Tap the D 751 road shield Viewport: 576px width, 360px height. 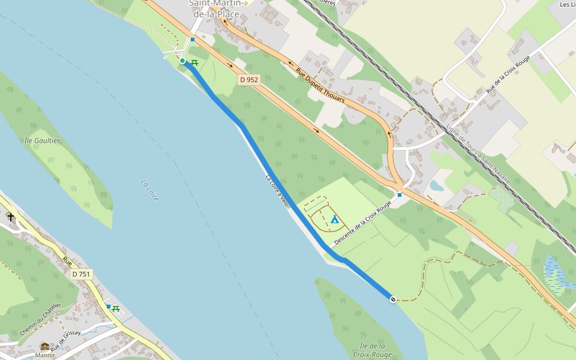click(80, 274)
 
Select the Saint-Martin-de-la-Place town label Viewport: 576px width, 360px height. click(214, 9)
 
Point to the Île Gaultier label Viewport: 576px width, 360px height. click(43, 140)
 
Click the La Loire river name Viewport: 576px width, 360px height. click(149, 190)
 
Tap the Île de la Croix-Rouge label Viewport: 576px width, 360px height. click(372, 350)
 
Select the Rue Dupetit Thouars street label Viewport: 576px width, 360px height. click(320, 85)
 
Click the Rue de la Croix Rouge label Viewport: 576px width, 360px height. click(508, 74)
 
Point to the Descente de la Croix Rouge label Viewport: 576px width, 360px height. click(362, 223)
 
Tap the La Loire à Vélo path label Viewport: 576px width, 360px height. click(277, 191)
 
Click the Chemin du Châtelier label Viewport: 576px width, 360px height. click(40, 319)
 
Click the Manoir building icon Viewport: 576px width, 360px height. click(45, 347)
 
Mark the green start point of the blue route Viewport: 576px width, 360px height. click(182, 60)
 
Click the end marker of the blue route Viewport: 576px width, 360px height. click(392, 299)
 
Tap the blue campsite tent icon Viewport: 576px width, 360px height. click(335, 219)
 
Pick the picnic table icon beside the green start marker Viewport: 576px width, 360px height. click(194, 62)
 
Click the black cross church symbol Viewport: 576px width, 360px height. click(11, 216)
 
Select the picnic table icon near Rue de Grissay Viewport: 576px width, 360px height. click(116, 309)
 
